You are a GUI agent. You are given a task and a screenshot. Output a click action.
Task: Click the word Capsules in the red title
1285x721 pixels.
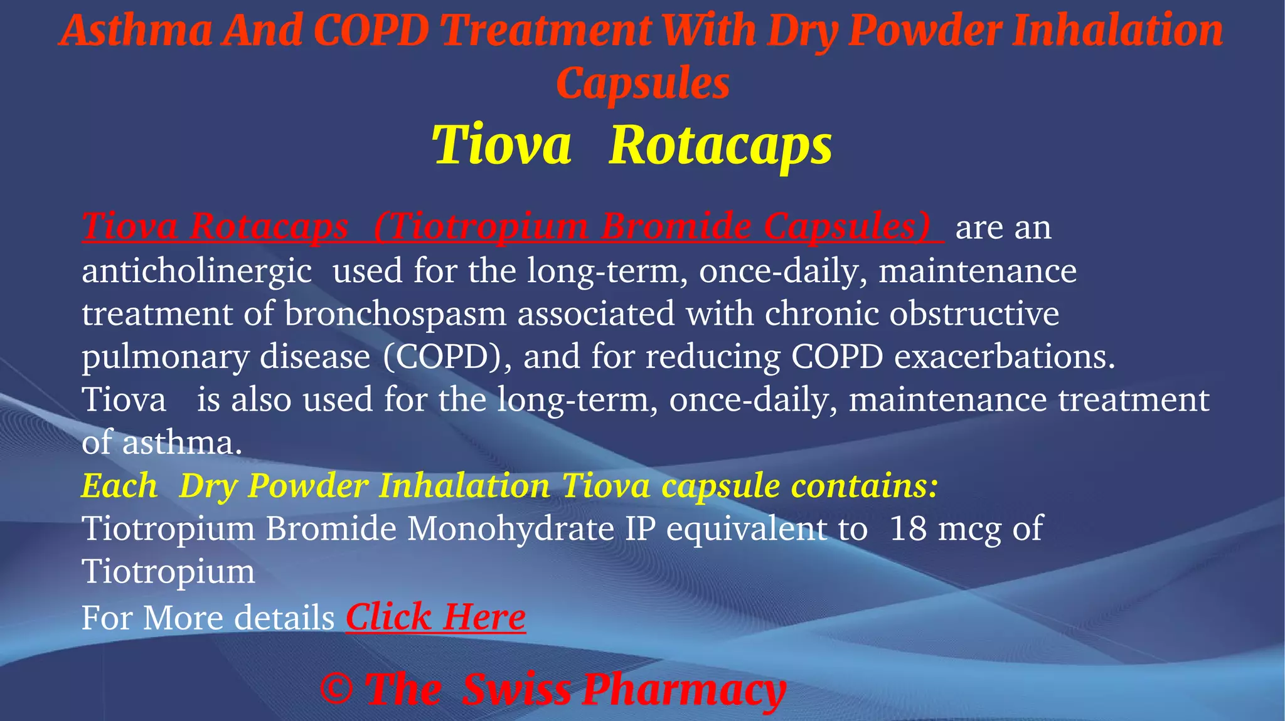click(x=642, y=83)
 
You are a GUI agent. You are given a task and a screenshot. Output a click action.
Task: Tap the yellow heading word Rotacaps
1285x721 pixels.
click(x=720, y=145)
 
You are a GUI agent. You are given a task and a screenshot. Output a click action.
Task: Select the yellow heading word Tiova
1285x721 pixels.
click(x=501, y=145)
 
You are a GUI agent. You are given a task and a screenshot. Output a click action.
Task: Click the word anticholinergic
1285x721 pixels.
click(x=196, y=271)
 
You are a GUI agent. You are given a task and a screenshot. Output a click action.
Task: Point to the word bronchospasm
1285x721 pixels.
click(x=395, y=313)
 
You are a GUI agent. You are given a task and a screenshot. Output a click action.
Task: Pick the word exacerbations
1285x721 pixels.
click(x=1005, y=356)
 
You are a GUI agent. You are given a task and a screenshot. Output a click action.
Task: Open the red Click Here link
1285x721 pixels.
click(x=435, y=617)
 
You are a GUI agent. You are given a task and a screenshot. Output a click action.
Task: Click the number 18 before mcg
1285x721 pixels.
click(x=908, y=528)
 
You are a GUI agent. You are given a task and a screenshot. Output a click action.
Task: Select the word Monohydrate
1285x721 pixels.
click(x=511, y=528)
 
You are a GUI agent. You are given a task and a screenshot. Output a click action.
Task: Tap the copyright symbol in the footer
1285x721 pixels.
click(x=336, y=689)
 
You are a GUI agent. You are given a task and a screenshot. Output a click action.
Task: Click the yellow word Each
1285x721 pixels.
click(x=119, y=486)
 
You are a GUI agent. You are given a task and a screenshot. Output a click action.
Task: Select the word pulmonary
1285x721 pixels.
click(x=165, y=357)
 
